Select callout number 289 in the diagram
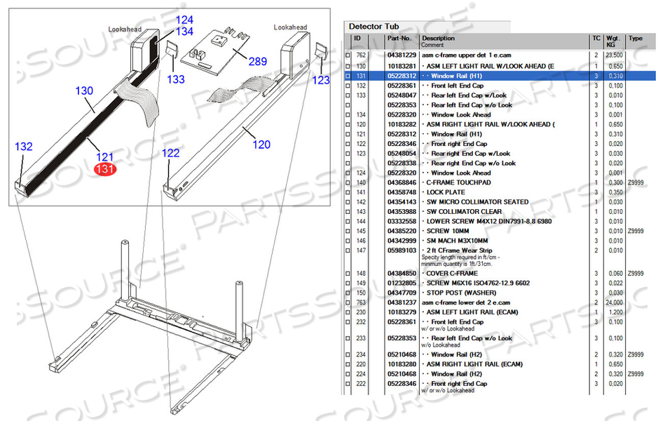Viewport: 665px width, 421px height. pos(257,62)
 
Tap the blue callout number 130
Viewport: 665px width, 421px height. pos(84,91)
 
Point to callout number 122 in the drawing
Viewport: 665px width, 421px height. pos(171,153)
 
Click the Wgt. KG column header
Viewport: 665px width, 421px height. pos(614,41)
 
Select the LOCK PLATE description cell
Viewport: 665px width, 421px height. pos(446,192)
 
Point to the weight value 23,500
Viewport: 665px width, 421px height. pos(615,55)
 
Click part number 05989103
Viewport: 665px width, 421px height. pos(402,250)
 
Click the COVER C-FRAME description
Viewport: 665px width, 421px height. pos(452,274)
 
